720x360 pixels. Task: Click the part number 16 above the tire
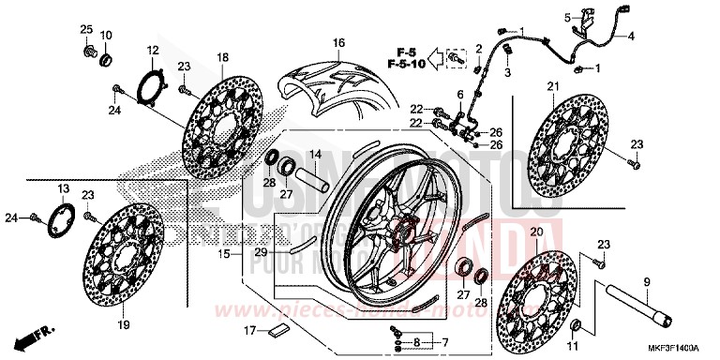tap(338, 43)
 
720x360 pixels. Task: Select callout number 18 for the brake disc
tap(223, 58)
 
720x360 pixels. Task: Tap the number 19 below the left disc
tap(123, 324)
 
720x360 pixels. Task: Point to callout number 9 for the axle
tap(645, 281)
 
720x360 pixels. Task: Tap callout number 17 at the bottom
tap(248, 330)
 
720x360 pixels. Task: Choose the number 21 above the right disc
tap(551, 88)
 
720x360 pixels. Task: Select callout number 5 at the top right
tap(566, 17)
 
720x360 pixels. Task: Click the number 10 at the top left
tap(106, 36)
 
